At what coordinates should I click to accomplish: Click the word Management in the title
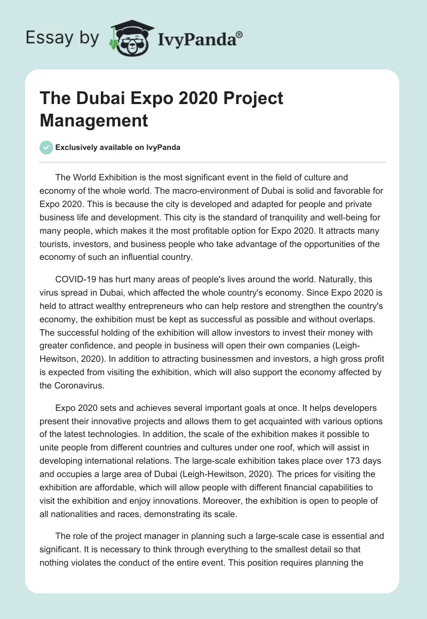point(93,120)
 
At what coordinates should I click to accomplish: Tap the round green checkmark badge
point(46,147)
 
